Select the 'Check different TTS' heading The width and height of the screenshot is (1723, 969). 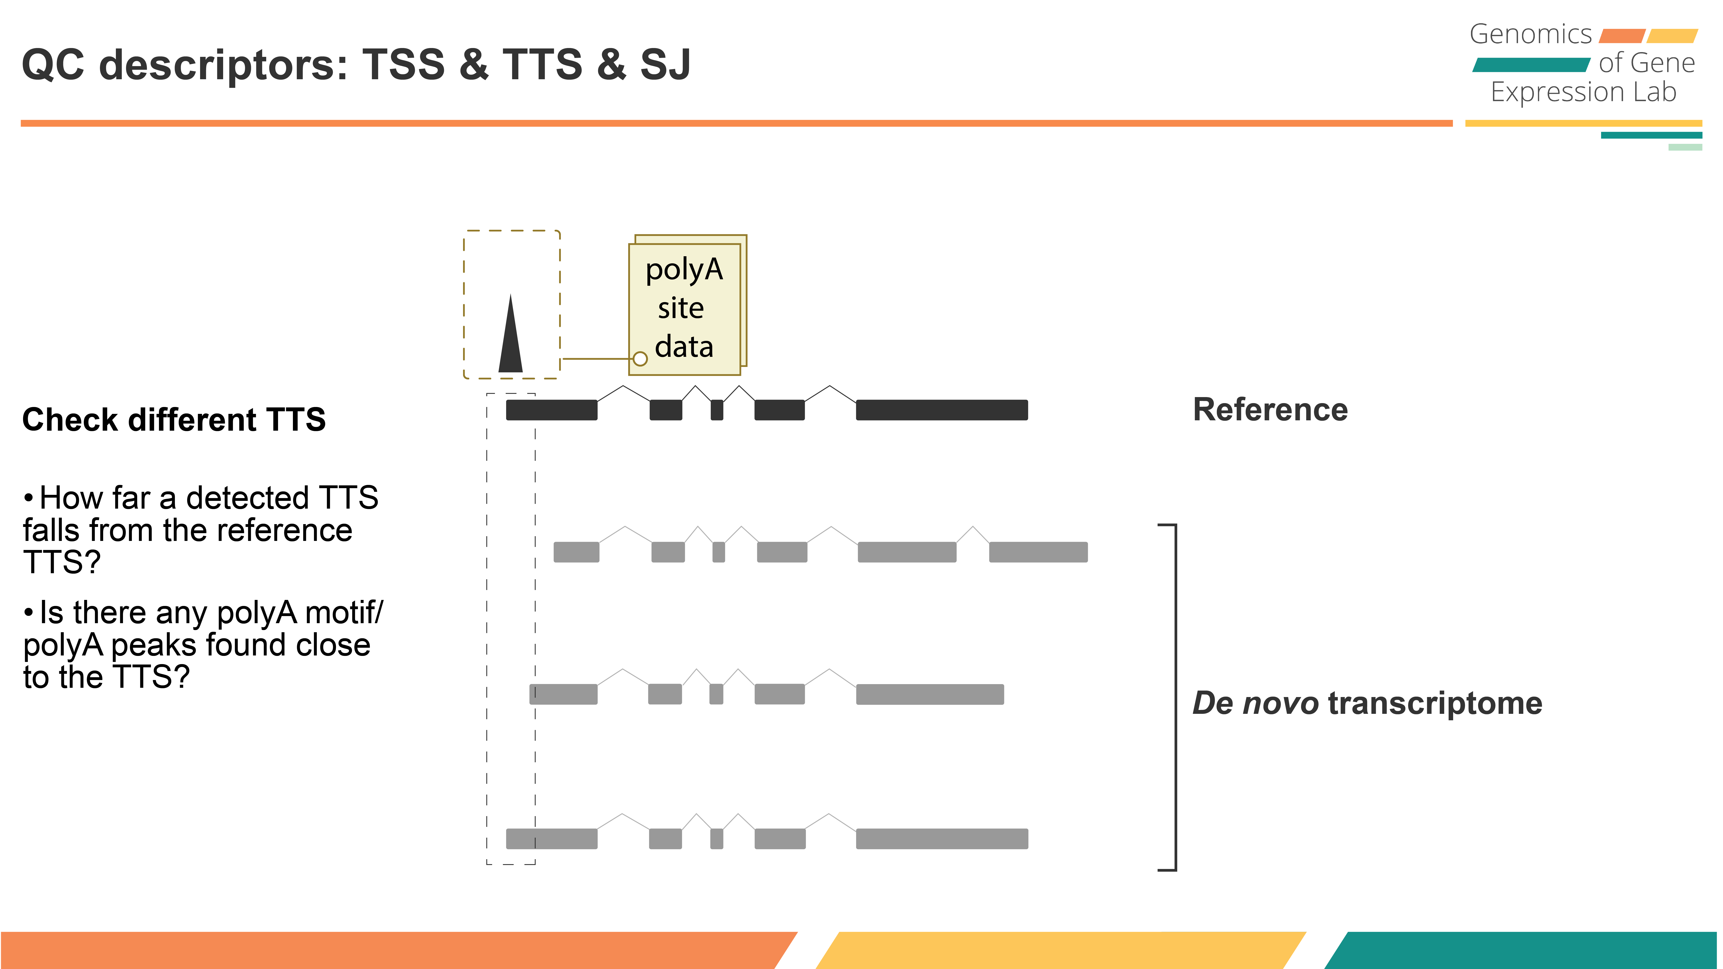(174, 420)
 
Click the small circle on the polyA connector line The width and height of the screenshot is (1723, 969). (640, 359)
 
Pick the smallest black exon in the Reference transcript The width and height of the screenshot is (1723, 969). (716, 410)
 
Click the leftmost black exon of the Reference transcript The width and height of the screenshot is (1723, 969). (551, 410)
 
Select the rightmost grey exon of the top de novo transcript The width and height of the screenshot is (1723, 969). (1038, 552)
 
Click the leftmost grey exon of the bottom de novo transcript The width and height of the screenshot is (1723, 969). (551, 839)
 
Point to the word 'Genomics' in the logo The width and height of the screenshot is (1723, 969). (1530, 34)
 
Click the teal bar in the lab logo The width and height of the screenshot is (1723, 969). (1530, 65)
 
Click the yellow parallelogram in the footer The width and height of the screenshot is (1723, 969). (1060, 950)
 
